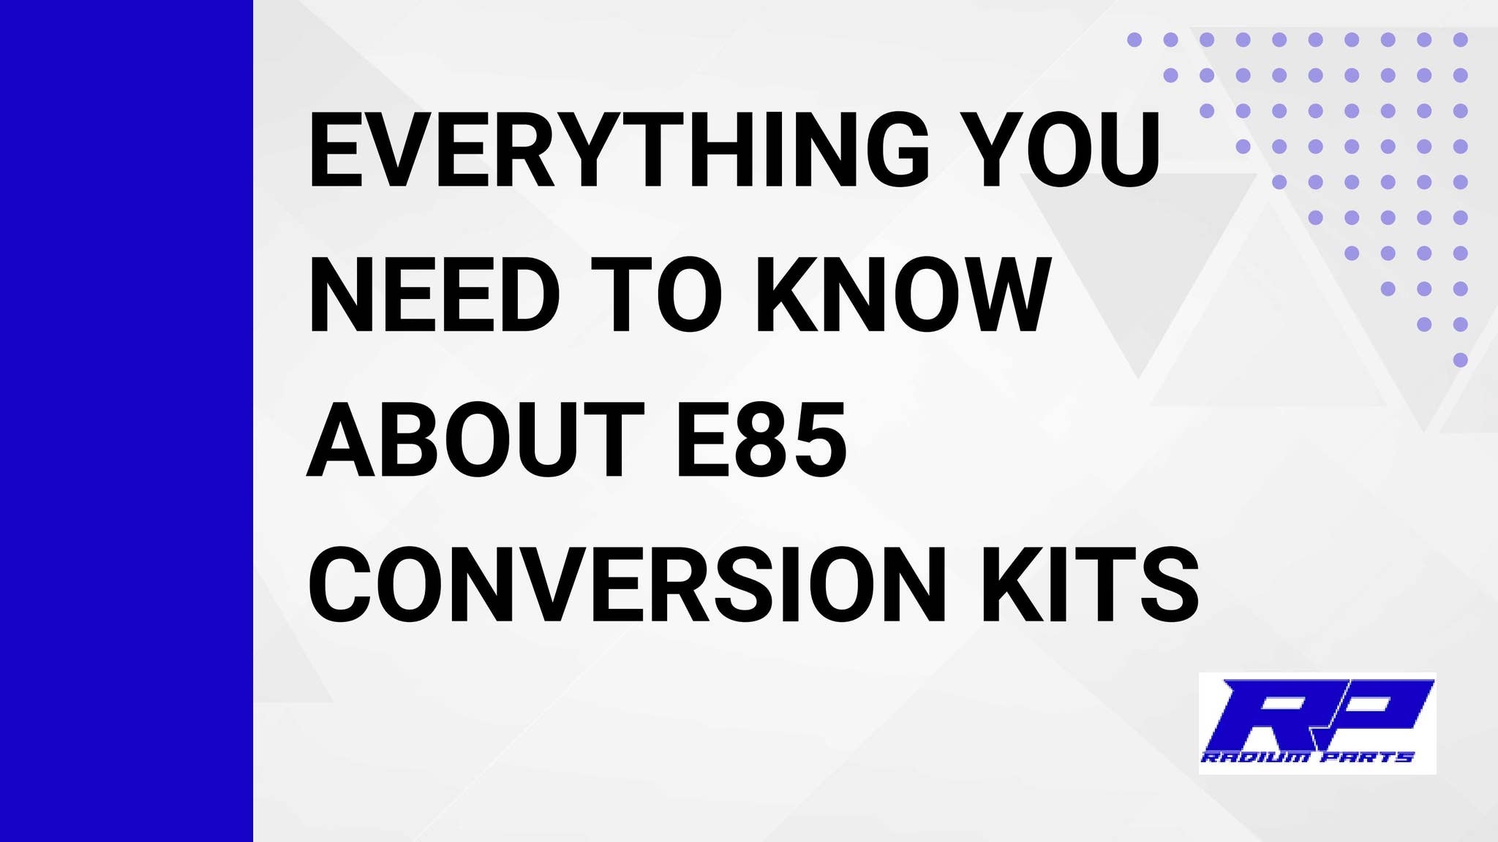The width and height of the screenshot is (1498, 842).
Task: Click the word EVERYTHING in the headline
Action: click(618, 150)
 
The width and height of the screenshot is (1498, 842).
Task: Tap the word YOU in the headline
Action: click(1059, 150)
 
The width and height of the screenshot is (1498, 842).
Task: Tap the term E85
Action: click(761, 440)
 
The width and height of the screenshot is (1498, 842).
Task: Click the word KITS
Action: click(1090, 585)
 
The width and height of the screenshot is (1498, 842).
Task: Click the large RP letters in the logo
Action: click(1317, 713)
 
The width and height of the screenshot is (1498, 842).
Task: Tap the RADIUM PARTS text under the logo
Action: click(1308, 757)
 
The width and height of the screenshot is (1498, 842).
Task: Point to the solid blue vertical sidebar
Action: click(126, 421)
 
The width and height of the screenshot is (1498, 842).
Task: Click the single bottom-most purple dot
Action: click(1460, 360)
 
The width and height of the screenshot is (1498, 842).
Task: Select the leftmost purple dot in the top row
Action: click(1134, 39)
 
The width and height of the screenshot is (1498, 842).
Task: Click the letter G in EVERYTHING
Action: click(897, 150)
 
